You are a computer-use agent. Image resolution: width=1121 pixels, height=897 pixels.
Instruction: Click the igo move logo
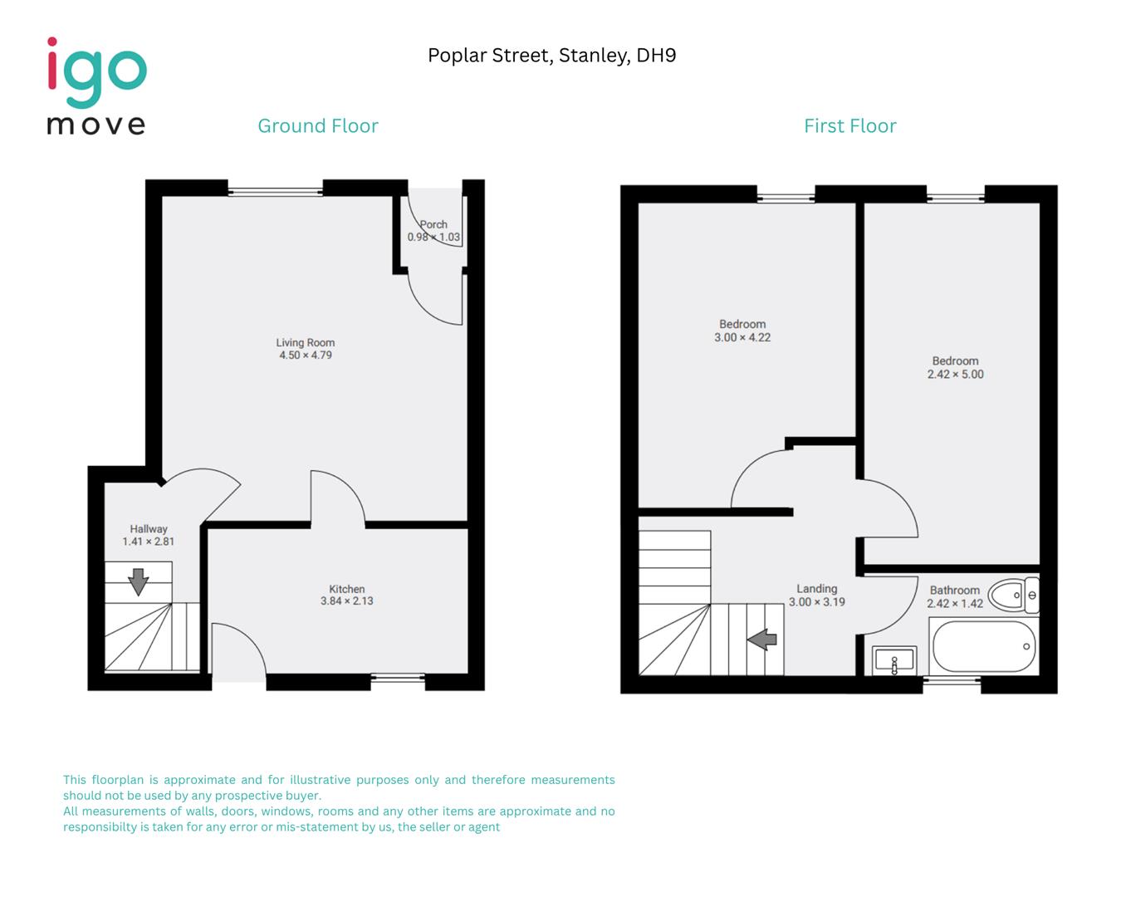[96, 86]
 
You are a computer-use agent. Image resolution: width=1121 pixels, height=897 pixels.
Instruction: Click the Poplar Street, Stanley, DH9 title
[551, 56]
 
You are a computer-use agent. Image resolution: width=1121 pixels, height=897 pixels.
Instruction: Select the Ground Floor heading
[318, 126]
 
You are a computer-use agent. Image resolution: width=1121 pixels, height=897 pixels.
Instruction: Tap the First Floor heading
[849, 126]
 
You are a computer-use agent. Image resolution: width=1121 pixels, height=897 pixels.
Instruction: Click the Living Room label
[305, 342]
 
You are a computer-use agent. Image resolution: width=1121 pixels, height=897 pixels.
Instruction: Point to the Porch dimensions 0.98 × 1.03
[433, 238]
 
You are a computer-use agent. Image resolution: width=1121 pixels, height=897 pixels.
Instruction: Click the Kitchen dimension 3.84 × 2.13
[346, 601]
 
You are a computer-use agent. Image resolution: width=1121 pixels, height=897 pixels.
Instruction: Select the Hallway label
[149, 529]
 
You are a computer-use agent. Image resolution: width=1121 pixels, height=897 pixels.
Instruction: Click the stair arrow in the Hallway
[138, 581]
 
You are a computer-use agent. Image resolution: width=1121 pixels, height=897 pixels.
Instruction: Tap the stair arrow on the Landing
[761, 640]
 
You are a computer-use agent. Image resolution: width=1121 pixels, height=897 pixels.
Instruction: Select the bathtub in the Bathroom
[984, 647]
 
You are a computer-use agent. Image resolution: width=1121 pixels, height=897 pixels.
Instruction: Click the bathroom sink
[894, 660]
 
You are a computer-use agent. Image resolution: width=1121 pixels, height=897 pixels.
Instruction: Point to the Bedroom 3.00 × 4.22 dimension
[742, 338]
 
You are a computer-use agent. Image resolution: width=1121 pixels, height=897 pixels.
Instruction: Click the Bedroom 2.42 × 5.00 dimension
[955, 375]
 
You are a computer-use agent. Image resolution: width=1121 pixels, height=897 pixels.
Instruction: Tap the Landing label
[816, 589]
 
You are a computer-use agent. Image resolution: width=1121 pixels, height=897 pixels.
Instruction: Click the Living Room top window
[275, 191]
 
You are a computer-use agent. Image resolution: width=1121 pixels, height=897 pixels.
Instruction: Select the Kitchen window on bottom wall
[397, 678]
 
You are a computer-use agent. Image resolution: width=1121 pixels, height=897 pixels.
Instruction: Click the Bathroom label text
[954, 591]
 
